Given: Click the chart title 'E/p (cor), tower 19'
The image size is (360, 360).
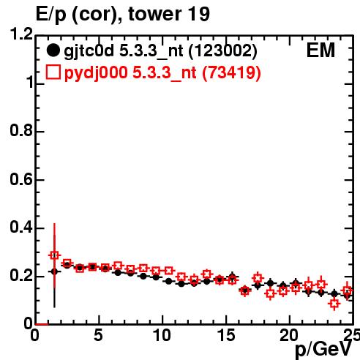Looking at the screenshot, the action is [x=123, y=14].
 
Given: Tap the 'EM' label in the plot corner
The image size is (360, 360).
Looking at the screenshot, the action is [x=320, y=50].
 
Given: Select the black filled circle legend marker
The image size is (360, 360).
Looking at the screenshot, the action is [x=53, y=50].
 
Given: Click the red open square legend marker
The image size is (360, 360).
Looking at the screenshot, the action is [x=53, y=72].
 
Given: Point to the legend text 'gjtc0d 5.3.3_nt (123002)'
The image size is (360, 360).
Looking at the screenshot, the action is [x=160, y=51].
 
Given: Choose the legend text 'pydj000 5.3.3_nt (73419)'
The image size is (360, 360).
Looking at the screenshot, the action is [x=162, y=72].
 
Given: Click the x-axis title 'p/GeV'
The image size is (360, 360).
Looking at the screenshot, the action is [x=323, y=349].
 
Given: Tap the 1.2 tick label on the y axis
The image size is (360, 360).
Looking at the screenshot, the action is [x=21, y=34].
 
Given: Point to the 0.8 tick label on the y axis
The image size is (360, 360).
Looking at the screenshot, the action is [x=21, y=130].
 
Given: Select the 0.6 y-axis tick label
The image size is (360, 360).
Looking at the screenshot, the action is [x=21, y=179].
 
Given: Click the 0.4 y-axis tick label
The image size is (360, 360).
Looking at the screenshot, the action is [x=21, y=228].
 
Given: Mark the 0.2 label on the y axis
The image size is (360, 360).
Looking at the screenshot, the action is [x=21, y=276].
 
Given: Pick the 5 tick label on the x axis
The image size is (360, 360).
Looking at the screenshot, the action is [x=98, y=335].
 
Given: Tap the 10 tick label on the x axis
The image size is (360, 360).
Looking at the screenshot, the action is [x=162, y=335].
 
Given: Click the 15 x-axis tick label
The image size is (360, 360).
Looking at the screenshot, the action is [x=226, y=335].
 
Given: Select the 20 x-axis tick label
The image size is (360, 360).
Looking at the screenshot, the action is [x=290, y=335].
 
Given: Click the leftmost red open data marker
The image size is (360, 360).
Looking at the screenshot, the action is [x=54, y=255].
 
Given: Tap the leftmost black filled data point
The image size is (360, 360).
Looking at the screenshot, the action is [x=54, y=271].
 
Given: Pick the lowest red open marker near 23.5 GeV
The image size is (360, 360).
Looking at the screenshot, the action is [x=334, y=304].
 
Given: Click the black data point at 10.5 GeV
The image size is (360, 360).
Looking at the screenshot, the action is [x=169, y=281].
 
